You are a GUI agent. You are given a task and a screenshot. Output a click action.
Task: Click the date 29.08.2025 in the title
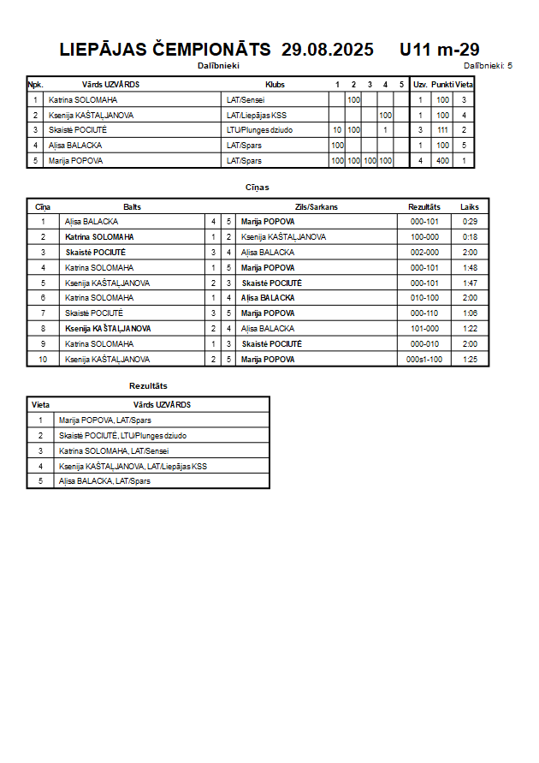point(328,50)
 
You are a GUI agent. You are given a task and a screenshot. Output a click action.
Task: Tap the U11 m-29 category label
point(439,50)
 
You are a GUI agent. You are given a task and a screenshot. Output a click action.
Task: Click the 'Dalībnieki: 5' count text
point(488,65)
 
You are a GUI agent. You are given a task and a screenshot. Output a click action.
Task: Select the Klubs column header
point(275,85)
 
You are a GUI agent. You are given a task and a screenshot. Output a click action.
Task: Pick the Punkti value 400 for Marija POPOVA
point(442,161)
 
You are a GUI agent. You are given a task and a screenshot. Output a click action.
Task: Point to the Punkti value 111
point(442,130)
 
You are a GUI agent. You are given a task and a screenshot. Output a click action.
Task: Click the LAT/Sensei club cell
point(246,100)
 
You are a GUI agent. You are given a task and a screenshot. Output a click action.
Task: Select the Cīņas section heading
point(258,187)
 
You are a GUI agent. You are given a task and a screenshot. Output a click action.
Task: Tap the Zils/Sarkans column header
point(312,207)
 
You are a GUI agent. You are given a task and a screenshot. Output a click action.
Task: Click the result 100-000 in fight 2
point(424,237)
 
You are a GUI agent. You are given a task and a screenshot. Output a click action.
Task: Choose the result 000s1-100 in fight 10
point(424,360)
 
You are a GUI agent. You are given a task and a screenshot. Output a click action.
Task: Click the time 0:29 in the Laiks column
point(470,222)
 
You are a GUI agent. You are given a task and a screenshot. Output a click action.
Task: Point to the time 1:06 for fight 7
point(470,313)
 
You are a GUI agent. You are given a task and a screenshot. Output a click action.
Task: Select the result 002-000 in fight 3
point(424,253)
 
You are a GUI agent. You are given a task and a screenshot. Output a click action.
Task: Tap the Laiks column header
point(470,207)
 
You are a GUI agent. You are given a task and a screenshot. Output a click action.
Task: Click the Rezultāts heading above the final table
point(148,386)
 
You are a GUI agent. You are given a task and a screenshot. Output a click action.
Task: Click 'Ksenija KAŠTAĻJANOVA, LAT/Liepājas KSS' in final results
point(133,467)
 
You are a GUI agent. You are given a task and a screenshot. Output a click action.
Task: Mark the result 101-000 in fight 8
point(424,329)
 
